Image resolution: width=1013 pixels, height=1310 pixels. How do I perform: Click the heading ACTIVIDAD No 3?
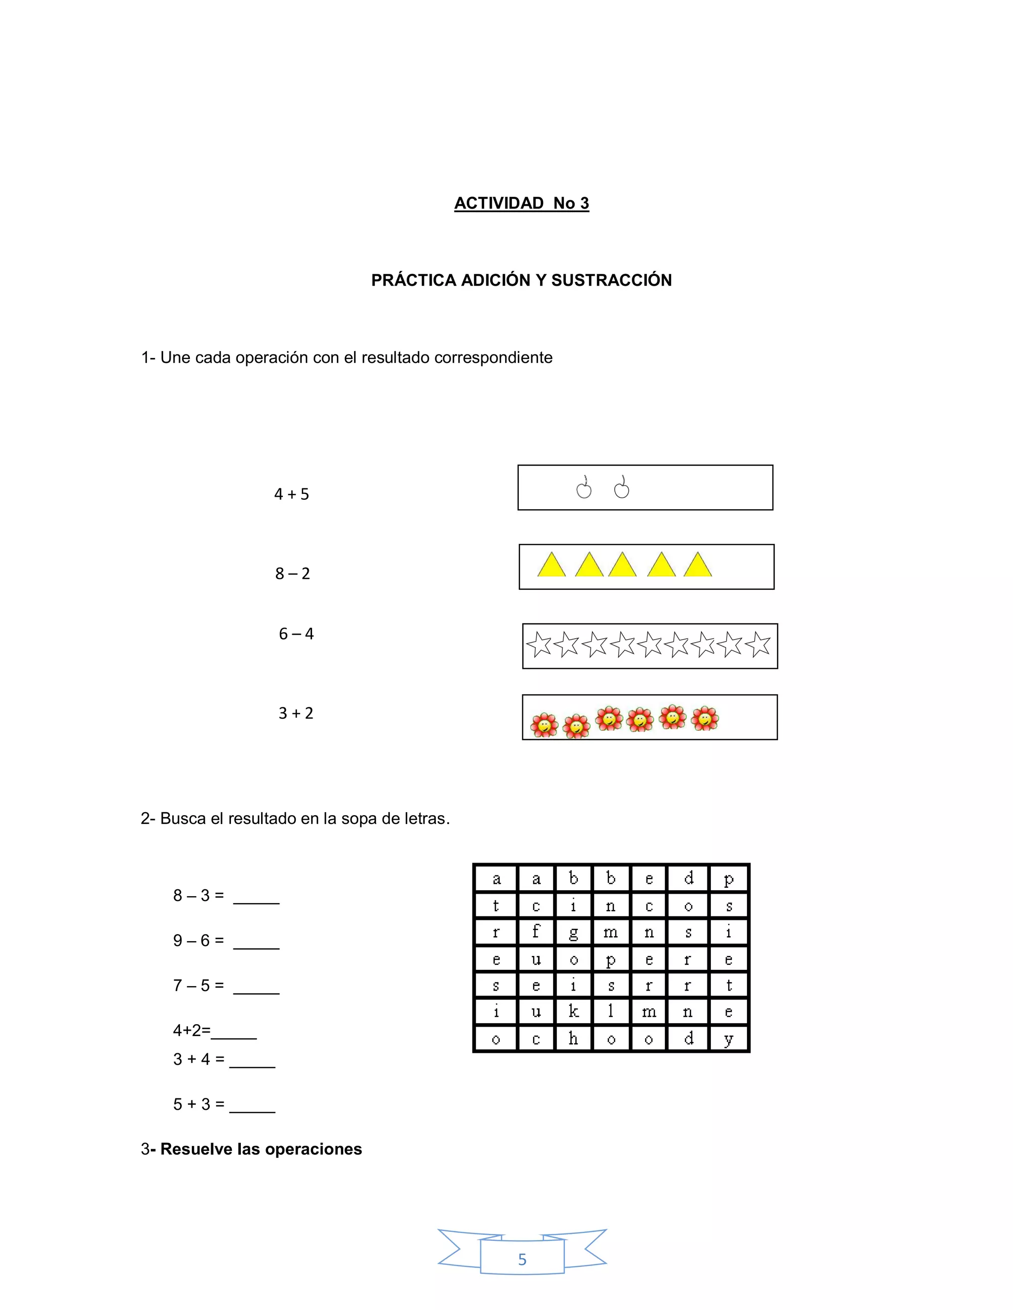521,203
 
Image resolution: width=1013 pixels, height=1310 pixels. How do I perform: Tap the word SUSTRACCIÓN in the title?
611,280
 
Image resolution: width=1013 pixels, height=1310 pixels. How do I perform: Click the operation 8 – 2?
292,573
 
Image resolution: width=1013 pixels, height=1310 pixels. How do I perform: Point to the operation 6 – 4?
296,634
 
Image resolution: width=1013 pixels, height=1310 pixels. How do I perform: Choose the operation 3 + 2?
295,713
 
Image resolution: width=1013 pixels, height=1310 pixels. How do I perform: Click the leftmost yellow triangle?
551,566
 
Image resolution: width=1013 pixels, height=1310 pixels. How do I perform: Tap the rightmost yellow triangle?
697,566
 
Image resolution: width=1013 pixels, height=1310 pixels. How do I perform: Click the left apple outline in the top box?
583,488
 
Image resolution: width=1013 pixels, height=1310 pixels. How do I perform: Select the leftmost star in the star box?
539,646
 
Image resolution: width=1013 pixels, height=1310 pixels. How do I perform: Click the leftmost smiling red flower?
544,725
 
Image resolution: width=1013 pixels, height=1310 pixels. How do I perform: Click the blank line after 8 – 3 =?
256,901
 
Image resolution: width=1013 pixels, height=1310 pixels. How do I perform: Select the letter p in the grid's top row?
729,879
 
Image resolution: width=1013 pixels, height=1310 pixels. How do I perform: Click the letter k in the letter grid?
573,1012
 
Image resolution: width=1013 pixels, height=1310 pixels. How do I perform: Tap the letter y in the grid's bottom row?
729,1039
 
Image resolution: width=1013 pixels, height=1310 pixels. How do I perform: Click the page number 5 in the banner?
522,1259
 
